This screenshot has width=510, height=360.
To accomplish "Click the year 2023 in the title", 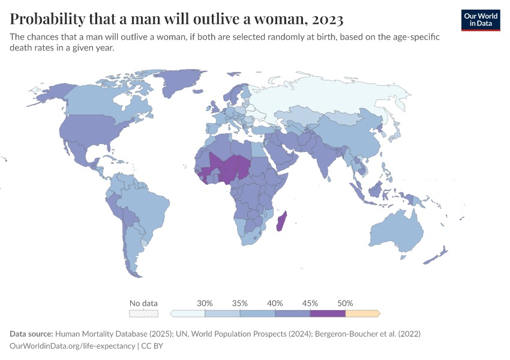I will click(x=326, y=19).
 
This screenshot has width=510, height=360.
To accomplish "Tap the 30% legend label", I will click(x=205, y=303).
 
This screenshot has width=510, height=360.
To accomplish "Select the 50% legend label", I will click(x=345, y=303).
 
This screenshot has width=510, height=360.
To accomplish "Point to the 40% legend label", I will click(x=275, y=303).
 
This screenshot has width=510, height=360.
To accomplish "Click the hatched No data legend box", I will click(x=143, y=313).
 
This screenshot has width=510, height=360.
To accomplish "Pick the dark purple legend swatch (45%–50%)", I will click(x=328, y=313).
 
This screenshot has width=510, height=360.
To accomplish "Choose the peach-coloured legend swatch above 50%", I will click(x=362, y=313).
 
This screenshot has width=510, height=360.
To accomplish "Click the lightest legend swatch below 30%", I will click(x=188, y=313).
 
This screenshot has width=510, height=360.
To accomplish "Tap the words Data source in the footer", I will click(x=31, y=333).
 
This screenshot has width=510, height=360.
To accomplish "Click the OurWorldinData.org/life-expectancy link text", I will click(x=72, y=346).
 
